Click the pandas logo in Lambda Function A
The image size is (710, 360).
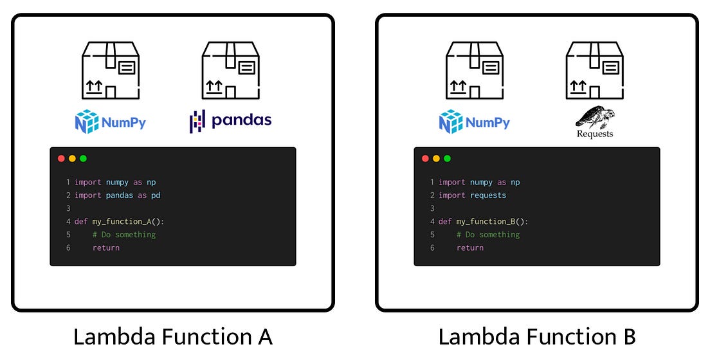(230, 120)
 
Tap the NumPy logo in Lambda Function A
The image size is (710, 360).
(110, 122)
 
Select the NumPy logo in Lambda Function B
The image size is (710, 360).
(474, 122)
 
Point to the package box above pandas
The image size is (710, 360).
(230, 71)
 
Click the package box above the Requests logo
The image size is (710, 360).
(595, 71)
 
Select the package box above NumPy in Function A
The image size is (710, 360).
(110, 71)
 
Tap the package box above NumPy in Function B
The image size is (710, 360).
(475, 71)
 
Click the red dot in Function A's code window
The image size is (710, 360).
(62, 159)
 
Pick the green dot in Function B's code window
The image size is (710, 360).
(448, 159)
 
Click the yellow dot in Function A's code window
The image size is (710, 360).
(73, 159)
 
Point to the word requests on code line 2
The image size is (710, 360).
(488, 195)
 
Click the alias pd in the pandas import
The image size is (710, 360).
(156, 195)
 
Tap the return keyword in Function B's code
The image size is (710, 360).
(469, 248)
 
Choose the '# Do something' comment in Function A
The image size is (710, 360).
(124, 235)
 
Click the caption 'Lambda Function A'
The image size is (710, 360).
(173, 336)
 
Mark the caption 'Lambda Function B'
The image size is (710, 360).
(537, 336)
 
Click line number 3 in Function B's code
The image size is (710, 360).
(432, 208)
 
